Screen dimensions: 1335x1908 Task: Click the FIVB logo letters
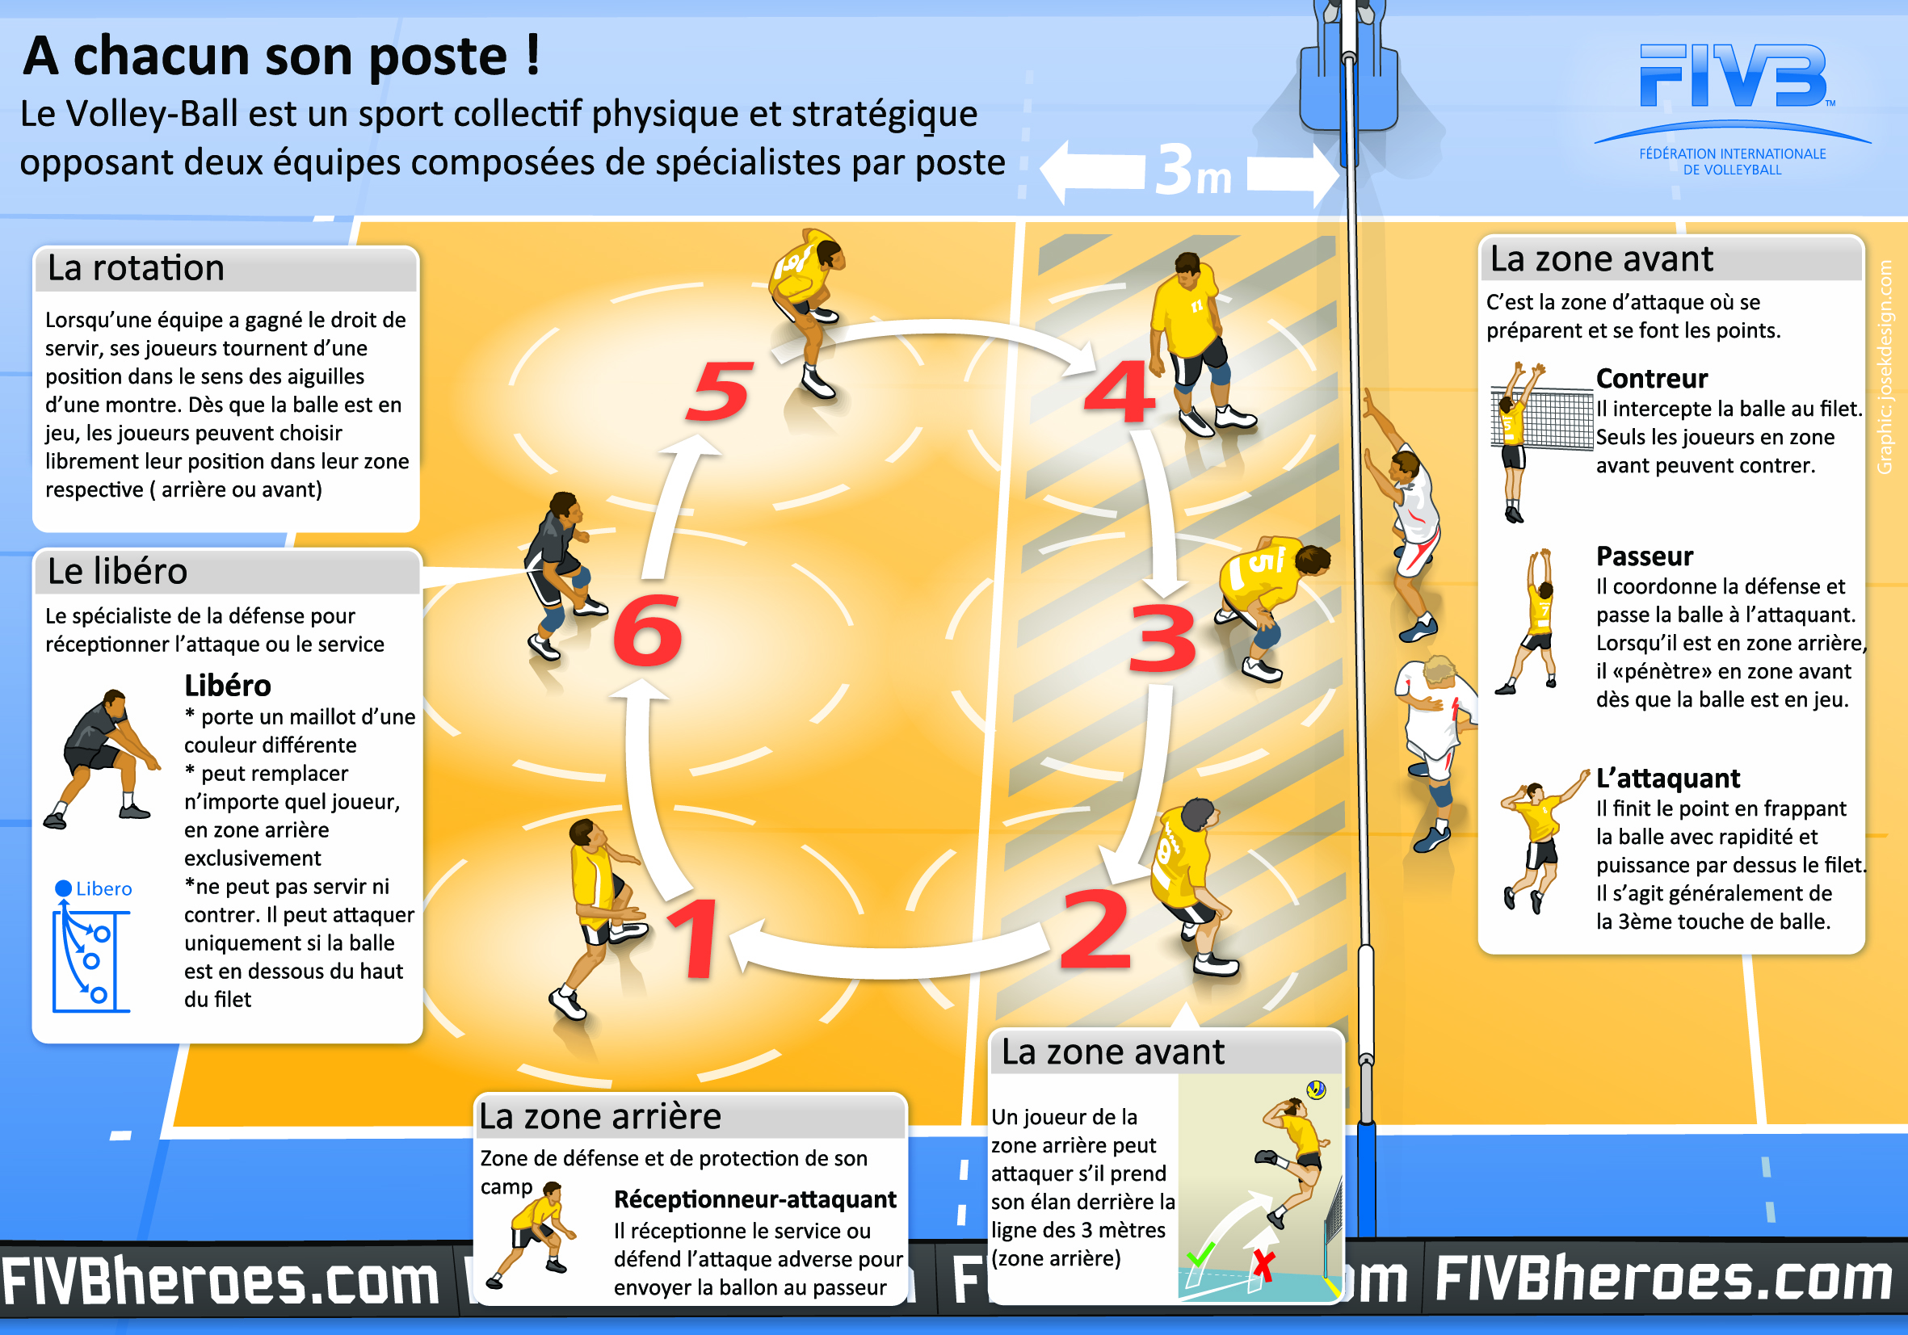click(x=1734, y=77)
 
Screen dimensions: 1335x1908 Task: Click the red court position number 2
click(x=1095, y=930)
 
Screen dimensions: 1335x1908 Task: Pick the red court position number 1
click(x=695, y=938)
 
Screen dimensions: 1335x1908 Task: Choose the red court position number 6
click(x=647, y=632)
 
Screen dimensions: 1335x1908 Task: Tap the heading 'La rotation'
click(x=137, y=268)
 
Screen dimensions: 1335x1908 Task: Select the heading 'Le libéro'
click(x=118, y=572)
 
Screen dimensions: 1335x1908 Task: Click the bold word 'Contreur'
click(x=1651, y=379)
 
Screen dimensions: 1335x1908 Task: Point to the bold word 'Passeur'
click(x=1644, y=556)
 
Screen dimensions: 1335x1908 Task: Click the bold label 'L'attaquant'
click(x=1667, y=779)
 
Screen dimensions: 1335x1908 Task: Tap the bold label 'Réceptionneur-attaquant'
click(x=754, y=1199)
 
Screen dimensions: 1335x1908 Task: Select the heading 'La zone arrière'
click(x=600, y=1116)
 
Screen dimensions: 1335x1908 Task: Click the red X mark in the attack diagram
click(x=1263, y=1266)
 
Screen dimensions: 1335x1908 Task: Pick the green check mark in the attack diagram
click(x=1200, y=1253)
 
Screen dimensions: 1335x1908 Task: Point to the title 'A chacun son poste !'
click(x=283, y=57)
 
